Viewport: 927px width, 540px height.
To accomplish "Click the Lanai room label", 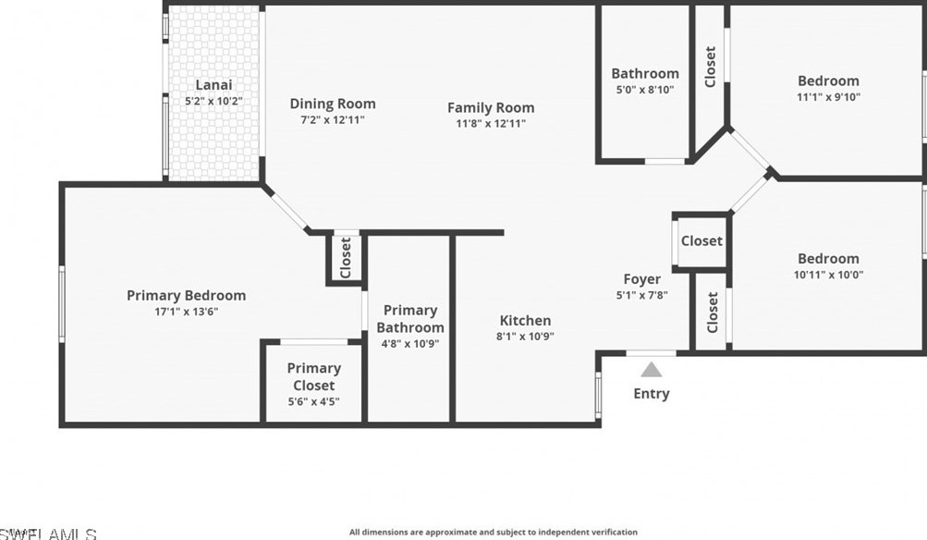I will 213,85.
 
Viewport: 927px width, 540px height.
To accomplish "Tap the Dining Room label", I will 333,104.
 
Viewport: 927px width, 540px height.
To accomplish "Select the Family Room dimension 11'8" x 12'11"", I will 491,123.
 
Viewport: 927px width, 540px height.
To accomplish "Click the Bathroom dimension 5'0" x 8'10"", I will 644,90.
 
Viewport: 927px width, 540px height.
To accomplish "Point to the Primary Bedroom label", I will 186,296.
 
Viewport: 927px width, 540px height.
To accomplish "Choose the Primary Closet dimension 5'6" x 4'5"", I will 313,401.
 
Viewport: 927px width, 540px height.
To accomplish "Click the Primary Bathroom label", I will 410,319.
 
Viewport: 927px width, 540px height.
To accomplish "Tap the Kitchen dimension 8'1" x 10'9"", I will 525,337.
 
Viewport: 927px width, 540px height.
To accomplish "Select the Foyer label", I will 641,279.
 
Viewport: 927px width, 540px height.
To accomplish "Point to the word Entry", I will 651,394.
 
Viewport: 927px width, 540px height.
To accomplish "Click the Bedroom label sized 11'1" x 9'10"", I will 828,80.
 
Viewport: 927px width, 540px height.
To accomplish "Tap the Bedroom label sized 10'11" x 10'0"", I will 828,259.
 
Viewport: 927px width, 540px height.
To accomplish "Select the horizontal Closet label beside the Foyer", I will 701,241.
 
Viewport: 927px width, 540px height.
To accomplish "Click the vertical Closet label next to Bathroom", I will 710,67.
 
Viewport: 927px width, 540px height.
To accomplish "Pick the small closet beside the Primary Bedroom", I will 346,258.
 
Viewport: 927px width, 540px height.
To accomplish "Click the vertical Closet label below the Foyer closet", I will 712,313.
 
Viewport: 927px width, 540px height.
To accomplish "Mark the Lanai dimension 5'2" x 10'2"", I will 213,101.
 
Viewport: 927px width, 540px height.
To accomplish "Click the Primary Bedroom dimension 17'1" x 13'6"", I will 186,312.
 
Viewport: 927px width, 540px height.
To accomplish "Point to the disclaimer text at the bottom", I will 493,532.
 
